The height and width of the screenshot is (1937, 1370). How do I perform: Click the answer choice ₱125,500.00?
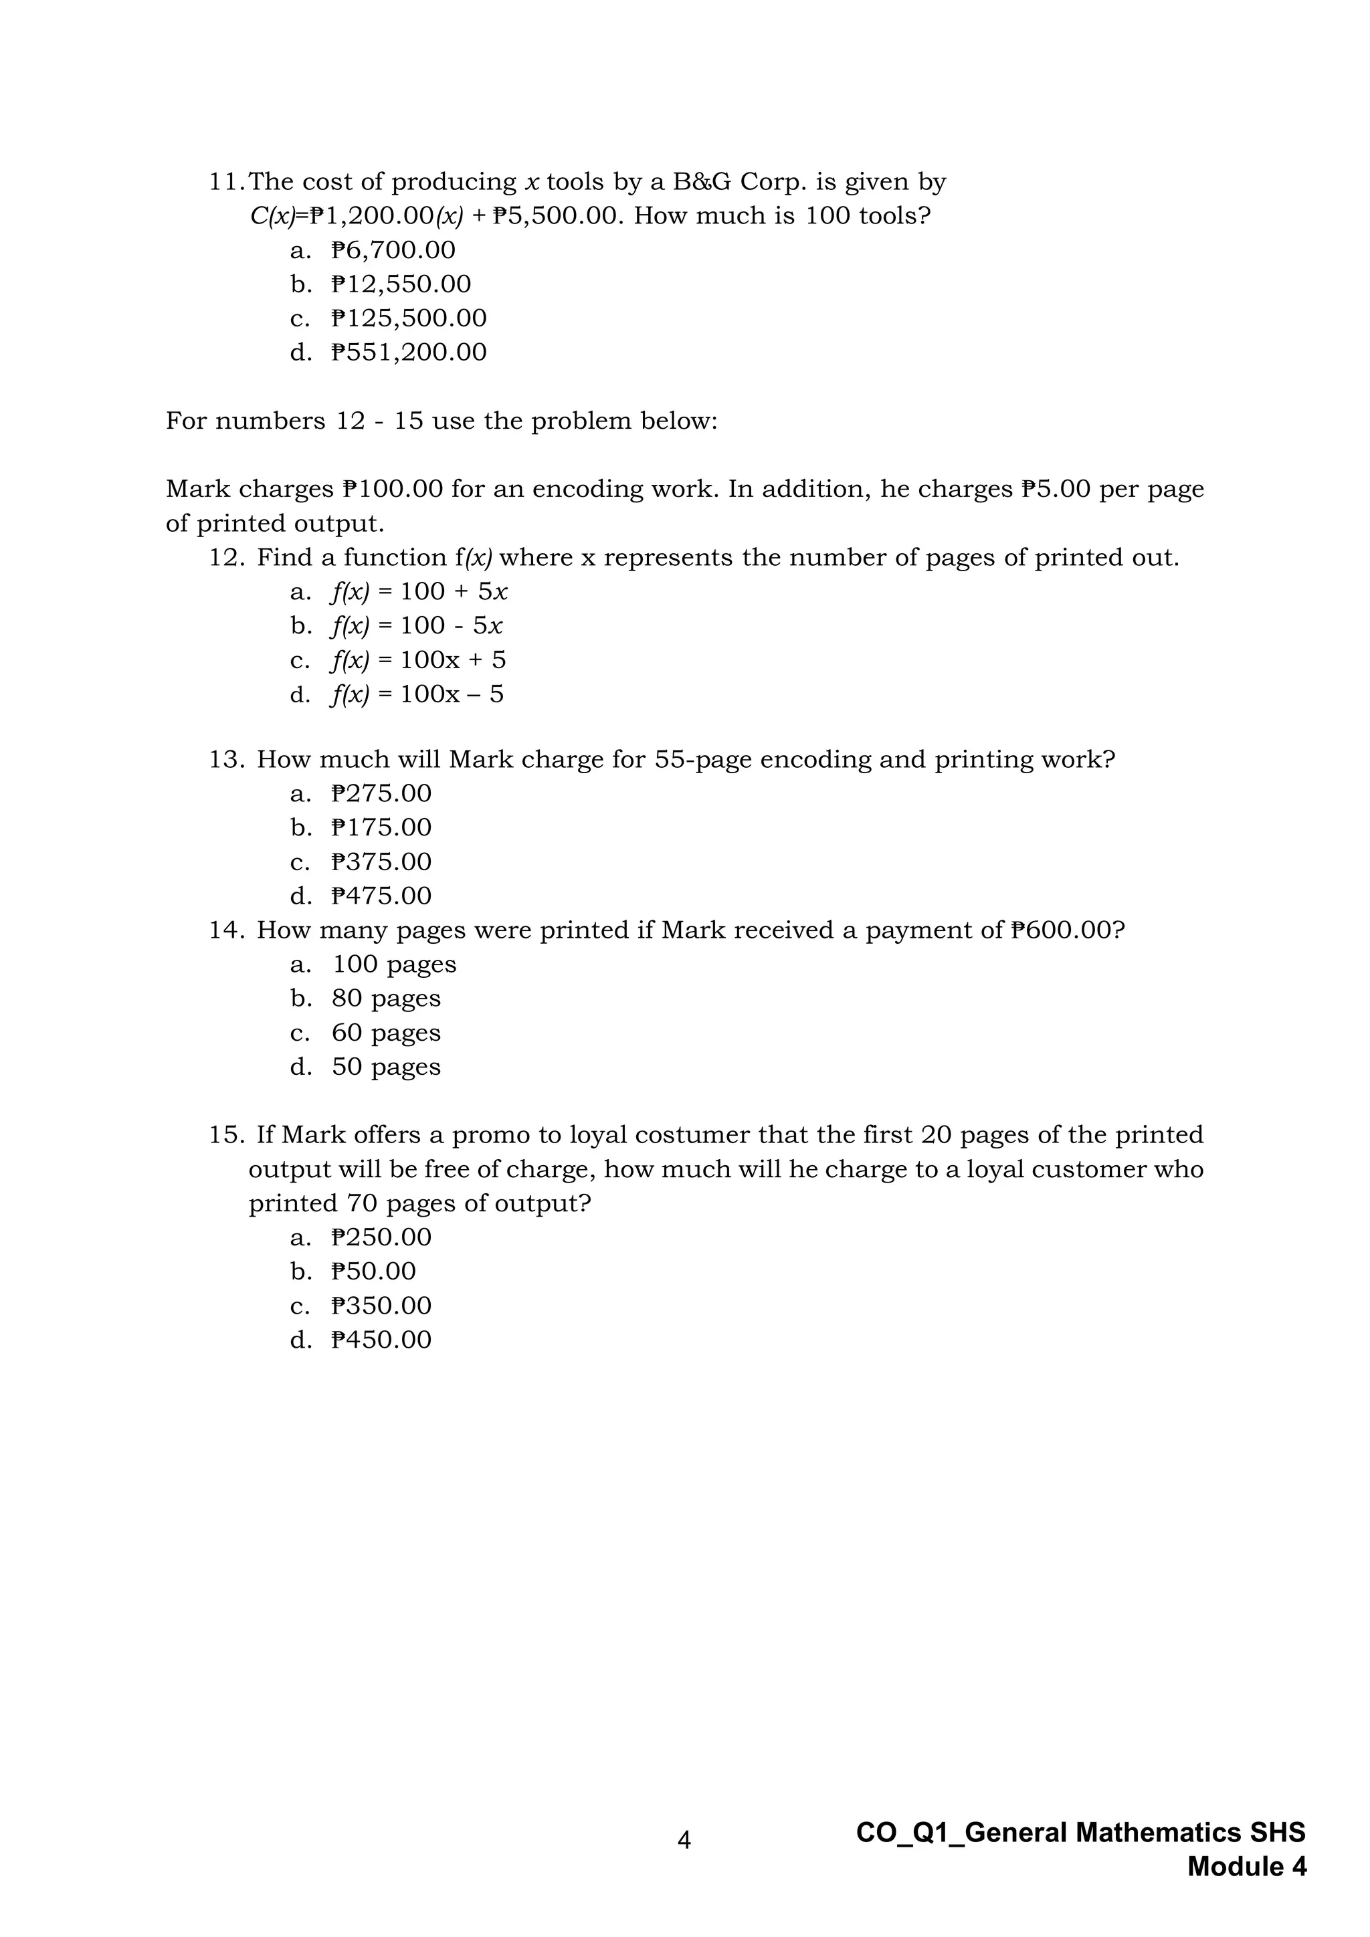coord(409,318)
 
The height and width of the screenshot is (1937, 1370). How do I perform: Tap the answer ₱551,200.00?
coord(409,352)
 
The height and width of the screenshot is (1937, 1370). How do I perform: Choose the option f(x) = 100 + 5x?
coord(419,591)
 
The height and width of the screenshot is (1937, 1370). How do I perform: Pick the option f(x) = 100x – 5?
coord(417,694)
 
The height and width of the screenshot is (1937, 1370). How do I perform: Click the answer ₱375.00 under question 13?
coord(381,861)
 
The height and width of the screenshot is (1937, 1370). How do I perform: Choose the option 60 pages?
coord(385,1033)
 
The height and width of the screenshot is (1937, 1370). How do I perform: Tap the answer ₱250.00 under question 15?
coord(381,1237)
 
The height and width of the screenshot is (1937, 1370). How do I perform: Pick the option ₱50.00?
coord(374,1271)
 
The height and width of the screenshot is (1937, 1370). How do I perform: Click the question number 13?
coord(226,759)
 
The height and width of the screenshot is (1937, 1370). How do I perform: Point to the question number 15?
coord(226,1134)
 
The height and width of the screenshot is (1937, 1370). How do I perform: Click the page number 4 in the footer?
coord(684,1840)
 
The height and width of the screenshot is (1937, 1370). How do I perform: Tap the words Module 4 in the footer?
coord(1247,1867)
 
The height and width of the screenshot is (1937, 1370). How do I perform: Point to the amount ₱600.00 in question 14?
coord(1066,930)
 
